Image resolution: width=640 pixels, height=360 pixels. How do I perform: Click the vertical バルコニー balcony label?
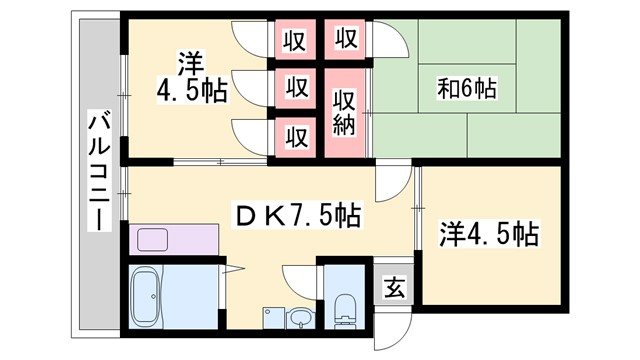[100, 170]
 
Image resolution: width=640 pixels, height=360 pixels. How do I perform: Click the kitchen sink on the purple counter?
[153, 240]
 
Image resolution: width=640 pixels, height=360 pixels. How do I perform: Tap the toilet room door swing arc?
[300, 280]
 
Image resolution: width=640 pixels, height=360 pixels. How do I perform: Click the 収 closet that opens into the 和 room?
[345, 40]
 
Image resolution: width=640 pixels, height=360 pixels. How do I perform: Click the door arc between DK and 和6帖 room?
[392, 180]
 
